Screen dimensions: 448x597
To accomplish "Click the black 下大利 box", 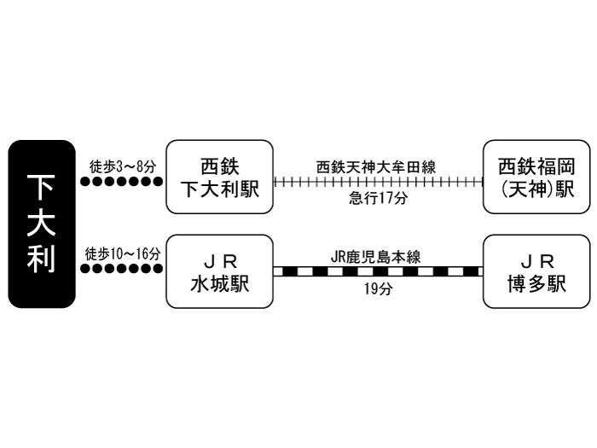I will pos(42,224).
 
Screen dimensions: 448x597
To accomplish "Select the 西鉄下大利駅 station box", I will pos(219,177).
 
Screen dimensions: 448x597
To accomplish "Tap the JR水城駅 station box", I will pos(219,272).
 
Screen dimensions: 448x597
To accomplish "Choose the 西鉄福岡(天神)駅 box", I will pos(536,177).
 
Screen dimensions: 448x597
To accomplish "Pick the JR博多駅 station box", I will pos(536,272).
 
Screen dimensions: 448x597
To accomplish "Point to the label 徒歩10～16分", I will pos(123,253).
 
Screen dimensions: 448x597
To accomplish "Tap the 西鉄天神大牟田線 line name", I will pos(376,167).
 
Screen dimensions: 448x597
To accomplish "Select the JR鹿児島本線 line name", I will pos(376,255).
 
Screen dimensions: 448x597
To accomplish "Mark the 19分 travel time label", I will pos(376,289).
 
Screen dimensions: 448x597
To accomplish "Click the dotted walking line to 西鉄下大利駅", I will pos(121,182).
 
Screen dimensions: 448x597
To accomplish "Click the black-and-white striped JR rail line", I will pos(376,271).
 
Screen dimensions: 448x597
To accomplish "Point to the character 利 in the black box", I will pos(42,260).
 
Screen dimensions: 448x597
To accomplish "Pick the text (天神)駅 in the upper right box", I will pos(536,190).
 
